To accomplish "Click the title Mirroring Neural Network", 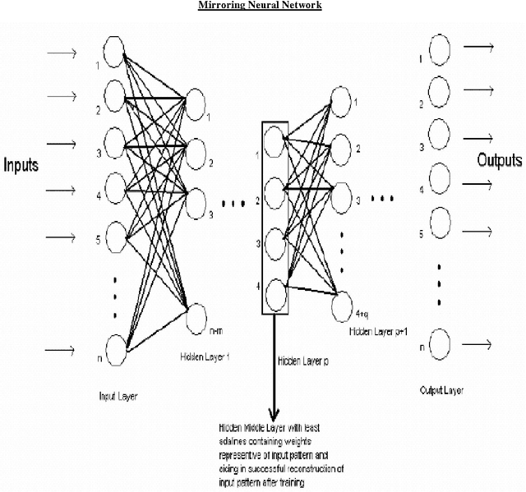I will click(261, 6).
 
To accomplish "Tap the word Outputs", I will click(500, 160).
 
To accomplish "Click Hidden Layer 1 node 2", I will click(197, 151).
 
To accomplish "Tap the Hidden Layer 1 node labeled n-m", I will click(197, 317).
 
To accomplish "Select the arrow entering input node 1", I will click(63, 54).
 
